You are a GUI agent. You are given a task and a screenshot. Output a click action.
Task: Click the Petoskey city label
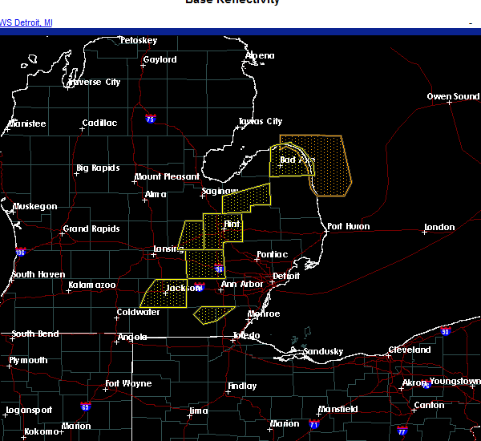[139, 40]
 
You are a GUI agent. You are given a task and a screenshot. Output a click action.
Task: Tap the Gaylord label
[160, 60]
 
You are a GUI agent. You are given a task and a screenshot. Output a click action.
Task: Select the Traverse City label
[94, 82]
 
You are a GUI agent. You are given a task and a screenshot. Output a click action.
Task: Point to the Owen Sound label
[453, 97]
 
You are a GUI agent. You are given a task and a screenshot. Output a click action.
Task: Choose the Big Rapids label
[98, 168]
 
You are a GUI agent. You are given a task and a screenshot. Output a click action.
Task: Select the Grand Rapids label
[91, 229]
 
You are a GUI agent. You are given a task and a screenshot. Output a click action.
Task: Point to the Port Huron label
[349, 227]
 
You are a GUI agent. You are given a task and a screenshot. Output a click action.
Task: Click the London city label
[439, 228]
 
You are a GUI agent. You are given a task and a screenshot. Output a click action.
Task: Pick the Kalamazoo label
[91, 285]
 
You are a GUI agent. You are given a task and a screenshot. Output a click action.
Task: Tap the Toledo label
[246, 335]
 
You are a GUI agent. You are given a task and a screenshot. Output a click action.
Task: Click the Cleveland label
[410, 350]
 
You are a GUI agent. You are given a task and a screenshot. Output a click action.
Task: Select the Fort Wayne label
[128, 383]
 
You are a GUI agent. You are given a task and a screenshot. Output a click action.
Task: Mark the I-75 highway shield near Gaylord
[150, 118]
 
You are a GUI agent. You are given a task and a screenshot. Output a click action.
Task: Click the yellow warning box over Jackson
[164, 294]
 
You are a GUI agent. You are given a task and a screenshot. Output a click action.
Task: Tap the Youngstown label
[455, 382]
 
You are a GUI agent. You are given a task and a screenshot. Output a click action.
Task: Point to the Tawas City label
[261, 122]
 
